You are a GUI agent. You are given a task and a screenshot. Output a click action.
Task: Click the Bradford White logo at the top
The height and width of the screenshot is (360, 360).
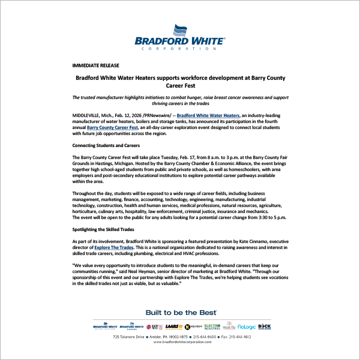click(x=179, y=37)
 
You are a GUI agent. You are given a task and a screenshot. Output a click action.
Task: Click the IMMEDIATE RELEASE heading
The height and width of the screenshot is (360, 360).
click(x=95, y=65)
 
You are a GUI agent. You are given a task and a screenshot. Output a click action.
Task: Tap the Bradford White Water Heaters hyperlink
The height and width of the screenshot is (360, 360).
click(x=208, y=114)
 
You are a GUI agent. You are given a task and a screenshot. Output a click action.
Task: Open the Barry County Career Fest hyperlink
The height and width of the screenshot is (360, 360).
click(x=113, y=127)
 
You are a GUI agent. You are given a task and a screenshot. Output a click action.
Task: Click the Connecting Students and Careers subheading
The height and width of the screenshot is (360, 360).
click(x=106, y=145)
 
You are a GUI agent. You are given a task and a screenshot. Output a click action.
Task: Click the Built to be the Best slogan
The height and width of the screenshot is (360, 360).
click(x=181, y=313)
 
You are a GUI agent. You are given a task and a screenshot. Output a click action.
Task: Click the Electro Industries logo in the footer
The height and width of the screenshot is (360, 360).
click(x=212, y=327)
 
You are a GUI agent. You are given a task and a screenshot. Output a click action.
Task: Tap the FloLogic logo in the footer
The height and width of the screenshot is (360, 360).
click(x=246, y=327)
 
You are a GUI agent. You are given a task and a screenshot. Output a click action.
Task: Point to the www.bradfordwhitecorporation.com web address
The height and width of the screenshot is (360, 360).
click(x=180, y=342)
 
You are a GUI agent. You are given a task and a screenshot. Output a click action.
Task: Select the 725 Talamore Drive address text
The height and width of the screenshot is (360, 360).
click(x=129, y=337)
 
